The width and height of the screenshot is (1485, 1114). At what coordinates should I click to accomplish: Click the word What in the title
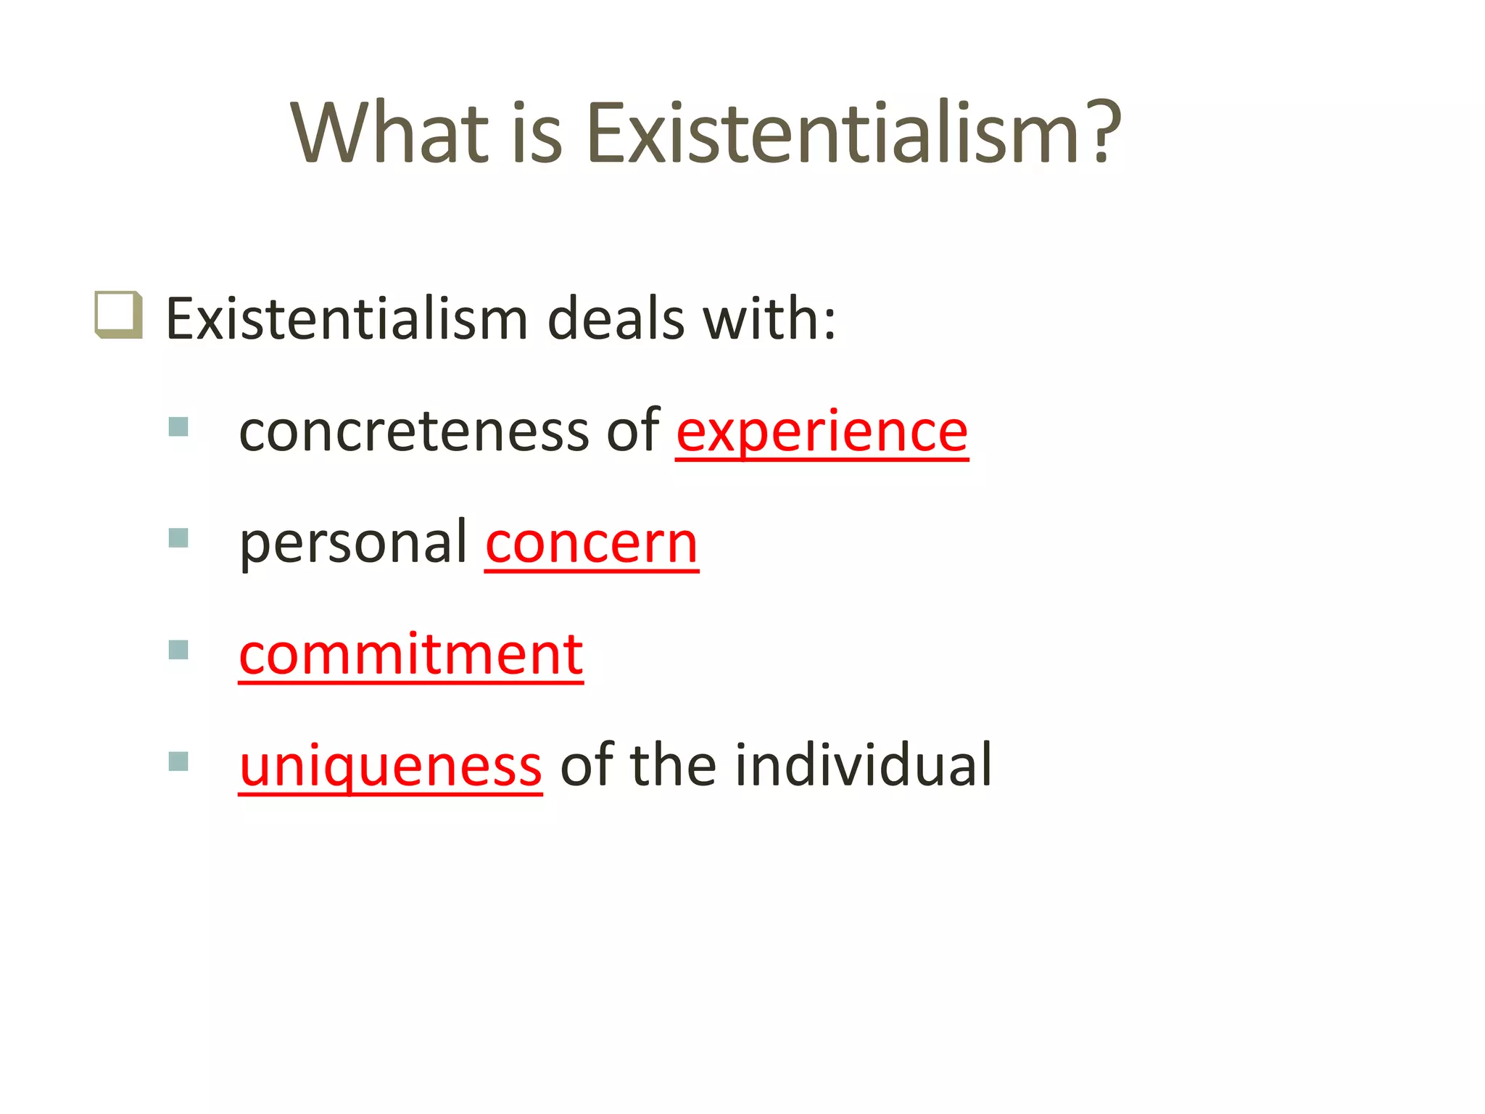click(x=389, y=133)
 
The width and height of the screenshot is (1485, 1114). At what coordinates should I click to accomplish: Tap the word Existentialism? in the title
click(x=852, y=133)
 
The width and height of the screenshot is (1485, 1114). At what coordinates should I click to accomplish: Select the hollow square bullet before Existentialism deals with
click(x=117, y=315)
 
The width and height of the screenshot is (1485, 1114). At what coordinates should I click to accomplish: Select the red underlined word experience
click(x=822, y=432)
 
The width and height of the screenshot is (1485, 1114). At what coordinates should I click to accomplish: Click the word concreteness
click(x=413, y=432)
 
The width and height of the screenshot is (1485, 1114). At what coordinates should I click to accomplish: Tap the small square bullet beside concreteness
click(x=178, y=426)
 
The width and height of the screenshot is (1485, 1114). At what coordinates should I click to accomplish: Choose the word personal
click(x=354, y=543)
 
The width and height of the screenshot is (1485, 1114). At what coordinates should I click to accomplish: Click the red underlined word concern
click(x=591, y=543)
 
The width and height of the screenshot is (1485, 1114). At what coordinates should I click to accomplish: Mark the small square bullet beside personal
click(x=178, y=538)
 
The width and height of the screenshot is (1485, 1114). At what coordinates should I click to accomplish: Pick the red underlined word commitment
click(x=410, y=654)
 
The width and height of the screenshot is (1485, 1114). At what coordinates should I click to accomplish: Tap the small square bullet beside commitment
click(x=178, y=650)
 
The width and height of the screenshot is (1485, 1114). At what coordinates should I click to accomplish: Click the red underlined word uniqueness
click(x=390, y=767)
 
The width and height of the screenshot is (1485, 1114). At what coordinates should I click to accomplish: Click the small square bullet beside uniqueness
click(x=178, y=762)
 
